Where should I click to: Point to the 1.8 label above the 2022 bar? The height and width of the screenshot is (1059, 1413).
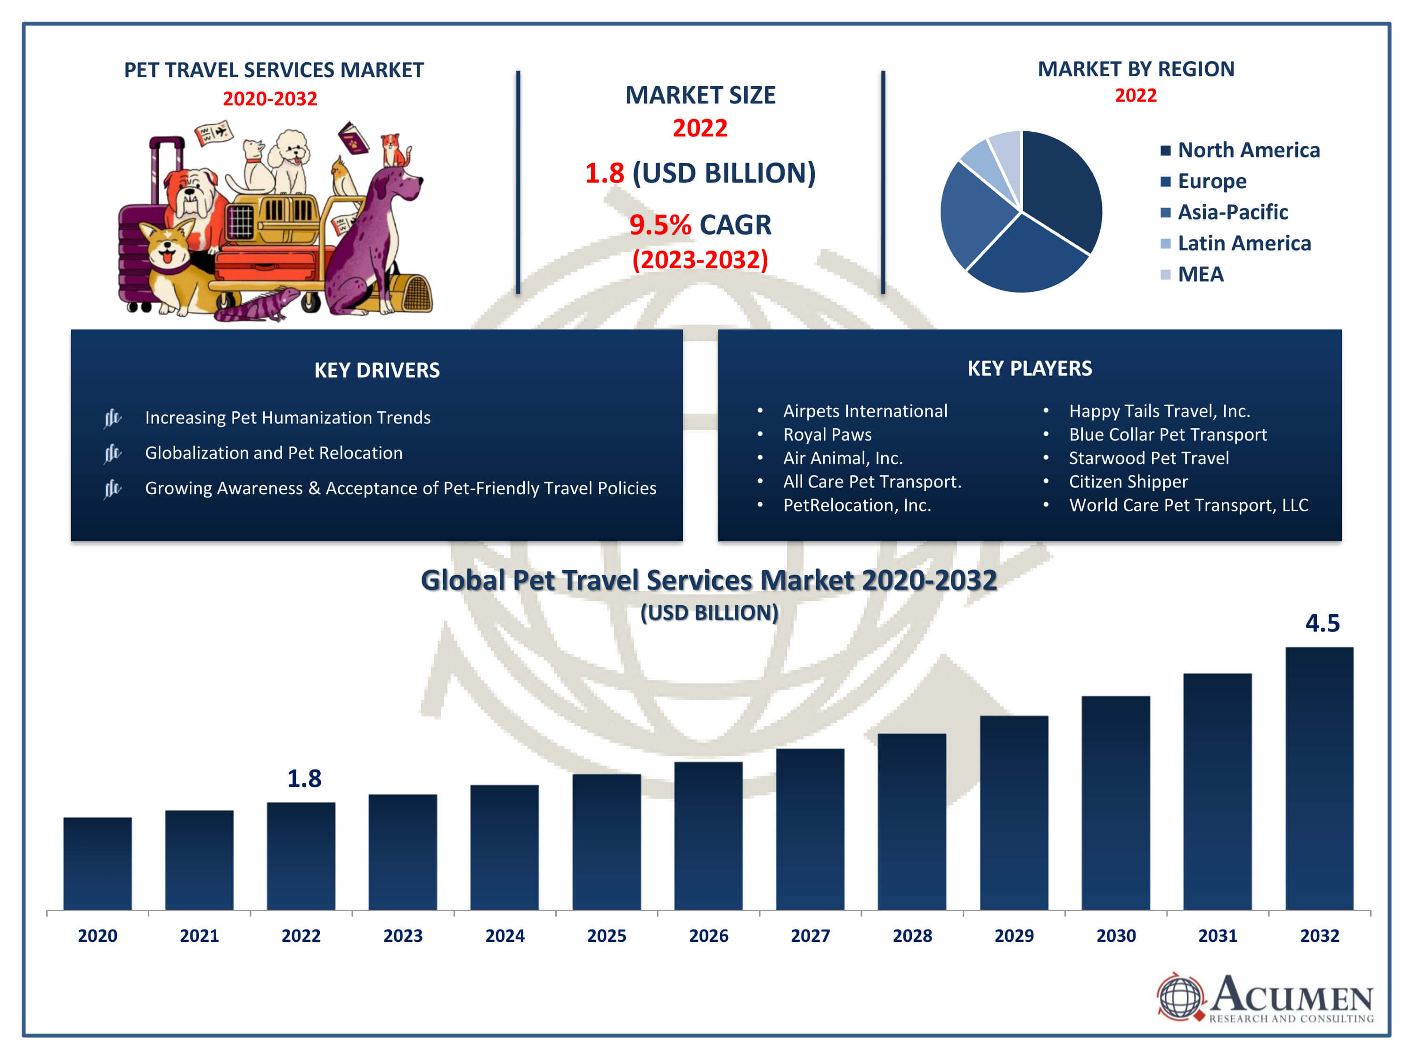(x=304, y=778)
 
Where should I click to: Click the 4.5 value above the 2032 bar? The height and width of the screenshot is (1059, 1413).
(x=1322, y=623)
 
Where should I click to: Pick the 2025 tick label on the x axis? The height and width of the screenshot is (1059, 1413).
(x=606, y=935)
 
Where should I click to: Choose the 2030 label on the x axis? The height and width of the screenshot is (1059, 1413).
(x=1115, y=935)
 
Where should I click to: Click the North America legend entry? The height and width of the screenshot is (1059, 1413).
(x=1248, y=150)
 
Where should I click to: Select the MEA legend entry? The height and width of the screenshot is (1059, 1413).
(x=1200, y=274)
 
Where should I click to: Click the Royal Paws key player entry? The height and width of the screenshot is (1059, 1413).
(x=827, y=435)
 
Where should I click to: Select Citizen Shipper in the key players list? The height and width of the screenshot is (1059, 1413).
(x=1128, y=482)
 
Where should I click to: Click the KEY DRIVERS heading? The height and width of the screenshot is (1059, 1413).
(x=377, y=370)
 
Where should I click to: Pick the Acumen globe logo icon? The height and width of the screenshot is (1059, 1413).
(x=1180, y=996)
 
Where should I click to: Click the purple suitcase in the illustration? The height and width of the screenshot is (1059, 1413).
(x=138, y=249)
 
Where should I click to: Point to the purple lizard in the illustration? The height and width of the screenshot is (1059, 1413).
(x=262, y=305)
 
